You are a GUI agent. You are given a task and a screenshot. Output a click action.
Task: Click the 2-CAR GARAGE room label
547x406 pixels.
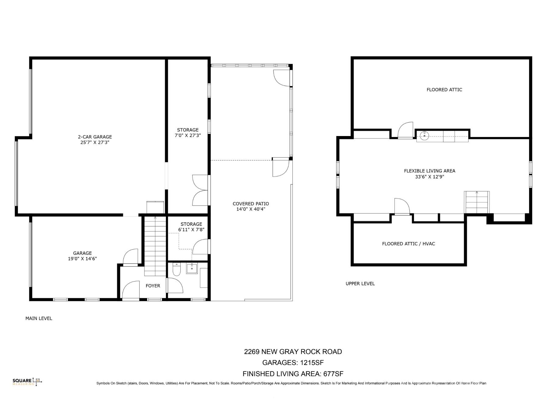(x=95, y=137)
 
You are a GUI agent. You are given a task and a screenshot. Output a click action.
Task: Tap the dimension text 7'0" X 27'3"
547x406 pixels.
(x=188, y=135)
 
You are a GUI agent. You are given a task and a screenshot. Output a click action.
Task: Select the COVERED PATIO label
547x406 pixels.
(x=251, y=204)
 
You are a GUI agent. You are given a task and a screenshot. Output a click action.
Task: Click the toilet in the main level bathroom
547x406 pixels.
(x=177, y=269)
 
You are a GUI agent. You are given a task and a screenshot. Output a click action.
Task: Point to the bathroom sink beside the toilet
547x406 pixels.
(x=192, y=268)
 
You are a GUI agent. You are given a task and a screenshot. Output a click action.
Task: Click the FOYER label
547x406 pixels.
(x=153, y=286)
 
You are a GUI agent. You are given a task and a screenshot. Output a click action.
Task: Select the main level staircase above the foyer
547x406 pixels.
(x=155, y=243)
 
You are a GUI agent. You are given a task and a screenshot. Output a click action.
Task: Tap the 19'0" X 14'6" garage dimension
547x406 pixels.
(x=82, y=259)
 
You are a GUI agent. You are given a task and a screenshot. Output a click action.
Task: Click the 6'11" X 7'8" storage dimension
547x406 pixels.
(x=191, y=230)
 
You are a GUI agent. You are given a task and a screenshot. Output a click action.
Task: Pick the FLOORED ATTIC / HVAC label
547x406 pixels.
(x=408, y=244)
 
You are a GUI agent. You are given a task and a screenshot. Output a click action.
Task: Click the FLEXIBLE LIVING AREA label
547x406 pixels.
(x=429, y=171)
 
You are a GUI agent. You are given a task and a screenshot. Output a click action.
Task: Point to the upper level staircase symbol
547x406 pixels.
(x=477, y=202)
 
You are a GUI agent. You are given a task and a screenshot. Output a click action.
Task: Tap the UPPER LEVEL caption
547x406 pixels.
(x=360, y=284)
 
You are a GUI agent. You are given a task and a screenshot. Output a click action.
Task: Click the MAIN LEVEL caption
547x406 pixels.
(x=39, y=318)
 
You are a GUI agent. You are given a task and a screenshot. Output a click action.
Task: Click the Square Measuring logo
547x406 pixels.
(x=27, y=382)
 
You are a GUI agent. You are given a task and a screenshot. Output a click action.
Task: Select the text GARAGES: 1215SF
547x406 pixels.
(x=293, y=363)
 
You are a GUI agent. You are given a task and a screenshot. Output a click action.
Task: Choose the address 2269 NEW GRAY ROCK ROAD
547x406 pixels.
(x=293, y=352)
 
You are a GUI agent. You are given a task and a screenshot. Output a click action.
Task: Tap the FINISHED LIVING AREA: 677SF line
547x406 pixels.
(x=293, y=374)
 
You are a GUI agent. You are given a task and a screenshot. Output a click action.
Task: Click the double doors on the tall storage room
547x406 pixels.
(x=200, y=190)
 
